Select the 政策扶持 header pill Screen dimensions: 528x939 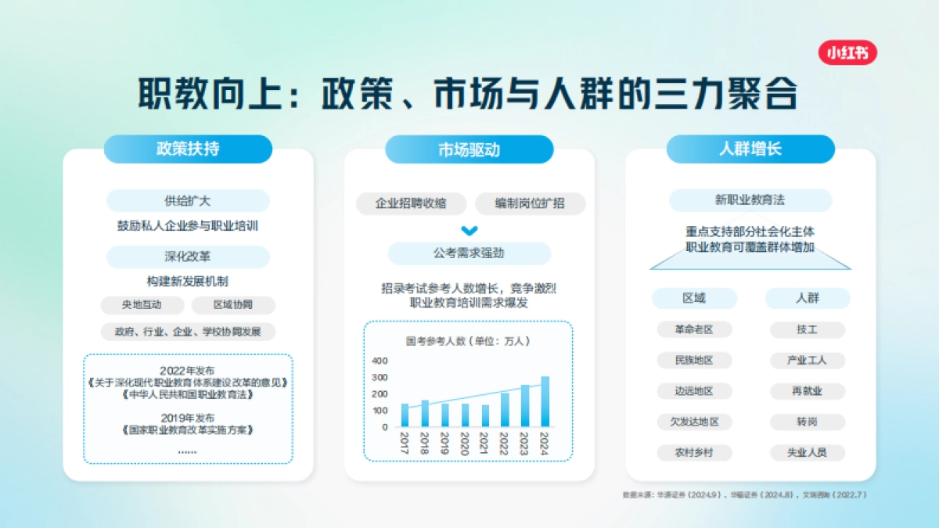pyautogui.click(x=188, y=149)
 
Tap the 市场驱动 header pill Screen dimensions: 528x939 pyautogui.click(x=469, y=149)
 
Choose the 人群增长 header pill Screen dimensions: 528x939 pyautogui.click(x=750, y=149)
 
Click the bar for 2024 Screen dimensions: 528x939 pyautogui.click(x=545, y=402)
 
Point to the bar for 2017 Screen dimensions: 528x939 pyautogui.click(x=405, y=415)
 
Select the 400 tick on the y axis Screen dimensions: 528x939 pyautogui.click(x=380, y=361)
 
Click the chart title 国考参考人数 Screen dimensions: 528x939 pyautogui.click(x=468, y=341)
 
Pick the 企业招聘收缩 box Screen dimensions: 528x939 pyautogui.click(x=411, y=204)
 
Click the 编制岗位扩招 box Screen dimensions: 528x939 pyautogui.click(x=530, y=204)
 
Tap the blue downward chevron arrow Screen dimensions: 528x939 pyautogui.click(x=469, y=231)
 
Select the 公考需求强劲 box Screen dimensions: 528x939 pyautogui.click(x=469, y=254)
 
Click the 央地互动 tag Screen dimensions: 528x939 pyautogui.click(x=142, y=305)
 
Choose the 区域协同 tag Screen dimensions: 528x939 pyautogui.click(x=233, y=305)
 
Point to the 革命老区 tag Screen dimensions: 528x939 pyautogui.click(x=694, y=330)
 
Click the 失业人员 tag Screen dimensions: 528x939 pyautogui.click(x=808, y=452)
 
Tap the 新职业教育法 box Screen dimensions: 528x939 pyautogui.click(x=750, y=200)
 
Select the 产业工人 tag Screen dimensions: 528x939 pyautogui.click(x=808, y=361)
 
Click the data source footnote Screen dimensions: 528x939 pyautogui.click(x=744, y=495)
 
